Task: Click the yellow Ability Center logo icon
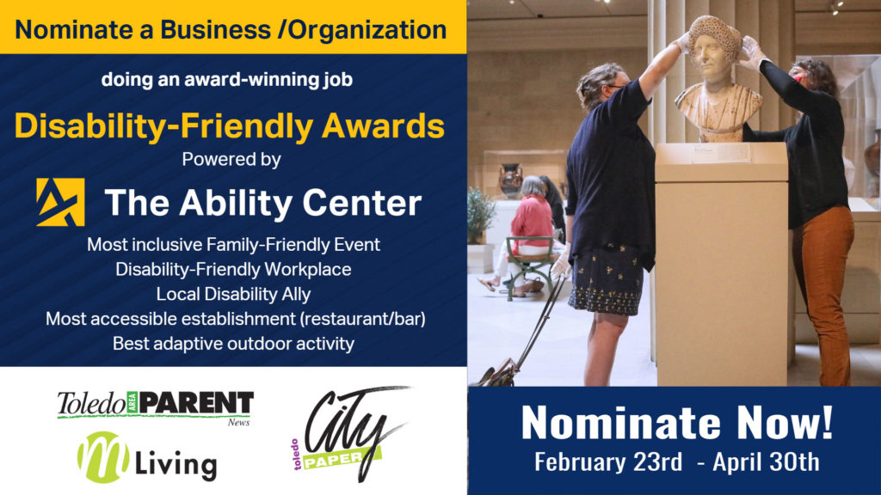click(x=61, y=202)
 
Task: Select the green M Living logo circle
click(x=103, y=457)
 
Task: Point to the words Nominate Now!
click(x=677, y=422)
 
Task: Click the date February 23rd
click(x=608, y=461)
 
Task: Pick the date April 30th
click(x=766, y=461)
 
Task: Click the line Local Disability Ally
click(x=233, y=294)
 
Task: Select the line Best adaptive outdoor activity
click(x=233, y=344)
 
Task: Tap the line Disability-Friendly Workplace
click(x=233, y=269)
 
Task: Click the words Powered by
click(x=231, y=159)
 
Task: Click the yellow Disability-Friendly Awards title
click(x=229, y=125)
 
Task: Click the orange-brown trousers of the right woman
click(x=823, y=292)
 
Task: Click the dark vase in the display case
click(x=510, y=180)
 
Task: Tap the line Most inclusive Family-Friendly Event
click(x=233, y=245)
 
